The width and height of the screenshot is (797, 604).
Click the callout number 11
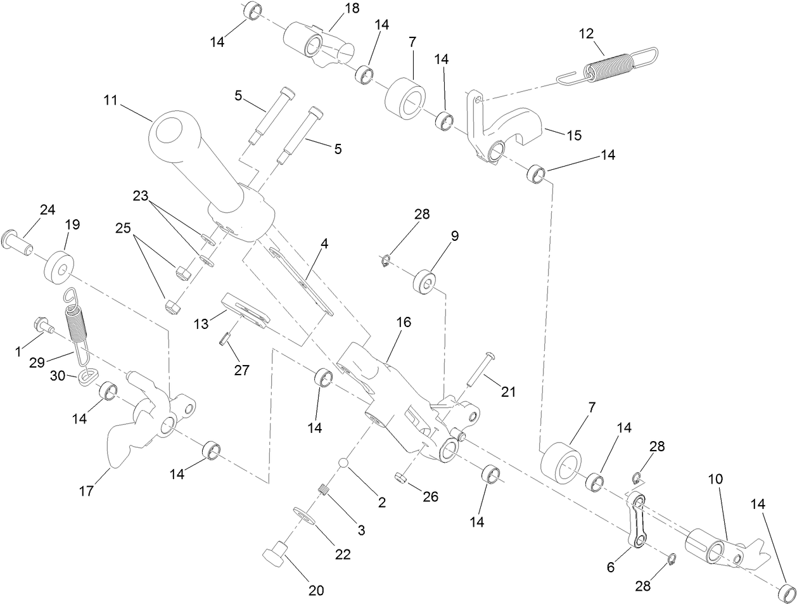click(111, 100)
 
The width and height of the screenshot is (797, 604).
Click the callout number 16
click(404, 322)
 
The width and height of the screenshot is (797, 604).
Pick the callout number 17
click(86, 491)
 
